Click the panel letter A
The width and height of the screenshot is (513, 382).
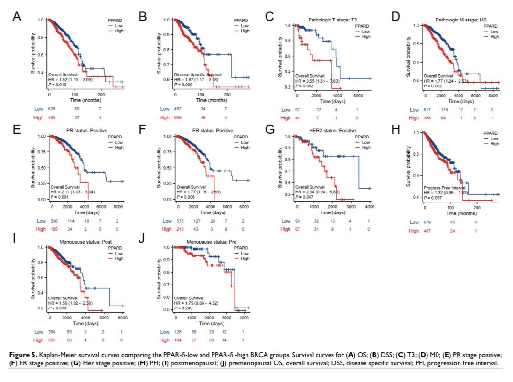[x=17, y=17]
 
